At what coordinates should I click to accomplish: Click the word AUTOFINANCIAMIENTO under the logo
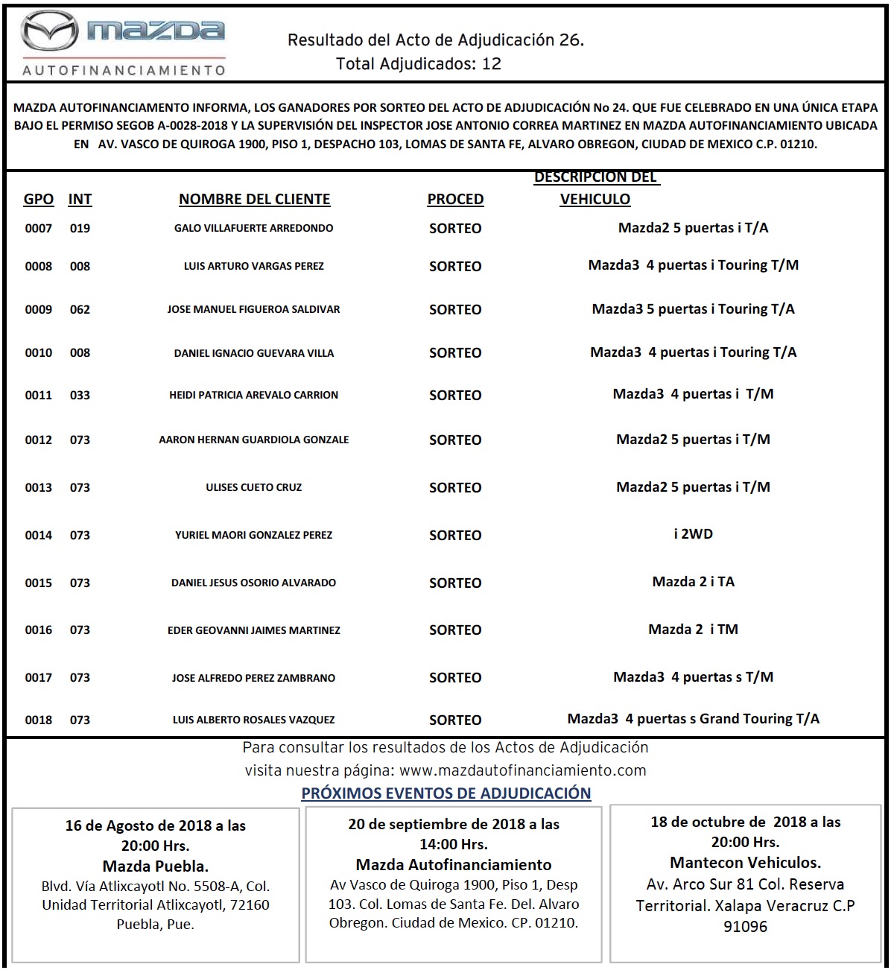pos(124,70)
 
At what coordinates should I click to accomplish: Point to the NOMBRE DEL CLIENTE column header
pos(254,199)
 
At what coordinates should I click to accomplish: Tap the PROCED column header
pos(455,199)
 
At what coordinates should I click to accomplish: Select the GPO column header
pos(39,199)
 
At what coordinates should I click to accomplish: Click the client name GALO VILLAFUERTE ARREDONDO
pos(253,228)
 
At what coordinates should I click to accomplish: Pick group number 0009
pos(39,309)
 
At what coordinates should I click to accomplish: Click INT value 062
pos(80,309)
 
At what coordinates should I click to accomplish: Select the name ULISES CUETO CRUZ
pos(253,487)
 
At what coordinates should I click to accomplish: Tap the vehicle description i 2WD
pos(693,534)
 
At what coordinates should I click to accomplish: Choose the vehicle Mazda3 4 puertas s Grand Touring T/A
pos(693,719)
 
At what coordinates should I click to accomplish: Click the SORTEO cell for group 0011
pos(455,396)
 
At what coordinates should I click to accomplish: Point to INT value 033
pos(80,396)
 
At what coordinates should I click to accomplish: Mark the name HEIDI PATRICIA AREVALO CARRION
pos(253,395)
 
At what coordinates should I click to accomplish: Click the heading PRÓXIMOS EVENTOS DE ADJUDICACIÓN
pos(446,793)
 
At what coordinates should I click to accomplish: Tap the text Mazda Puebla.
pos(155,866)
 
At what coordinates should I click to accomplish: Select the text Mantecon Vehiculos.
pos(745,863)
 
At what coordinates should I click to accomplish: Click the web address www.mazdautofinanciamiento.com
pos(523,770)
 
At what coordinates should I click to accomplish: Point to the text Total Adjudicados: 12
pos(419,64)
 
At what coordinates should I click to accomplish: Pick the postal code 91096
pos(745,927)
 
